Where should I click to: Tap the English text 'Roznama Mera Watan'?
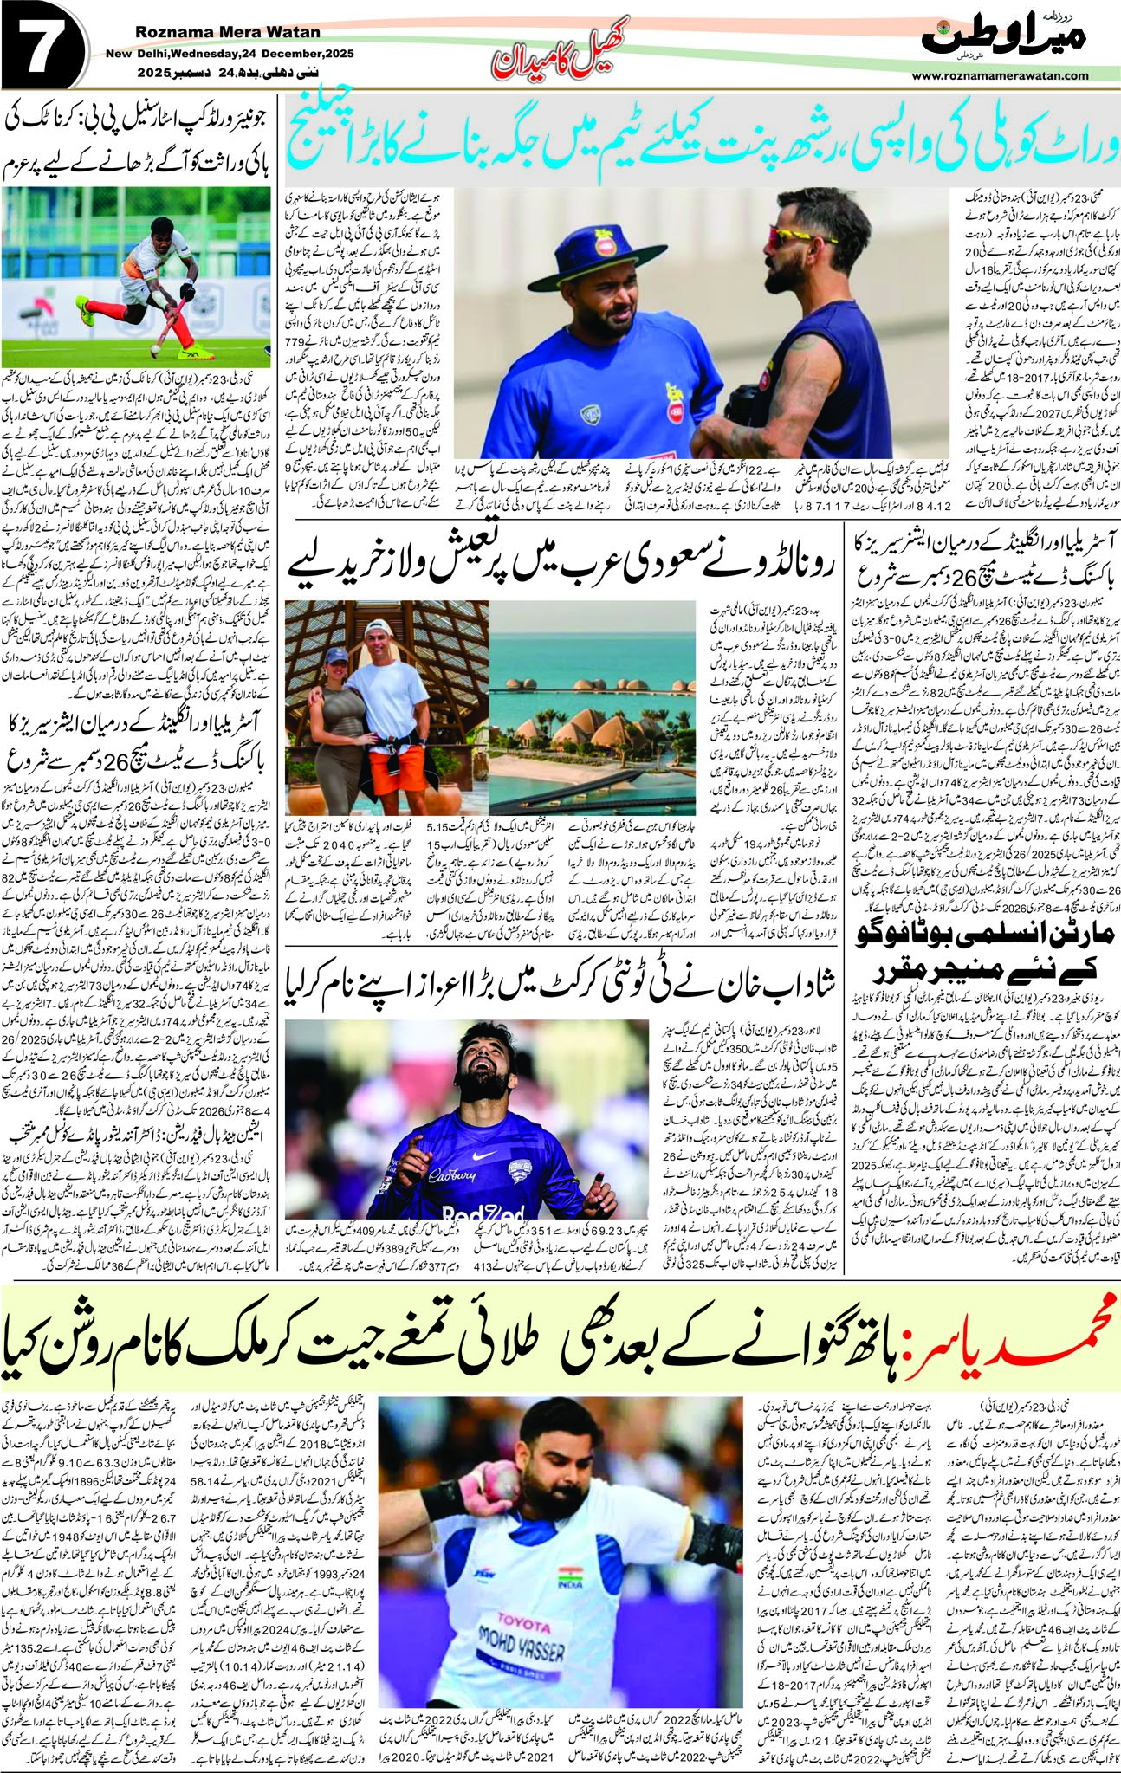(228, 33)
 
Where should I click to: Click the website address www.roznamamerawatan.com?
(1000, 75)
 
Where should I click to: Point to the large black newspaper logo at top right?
(1005, 36)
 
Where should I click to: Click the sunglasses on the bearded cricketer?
(801, 236)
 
